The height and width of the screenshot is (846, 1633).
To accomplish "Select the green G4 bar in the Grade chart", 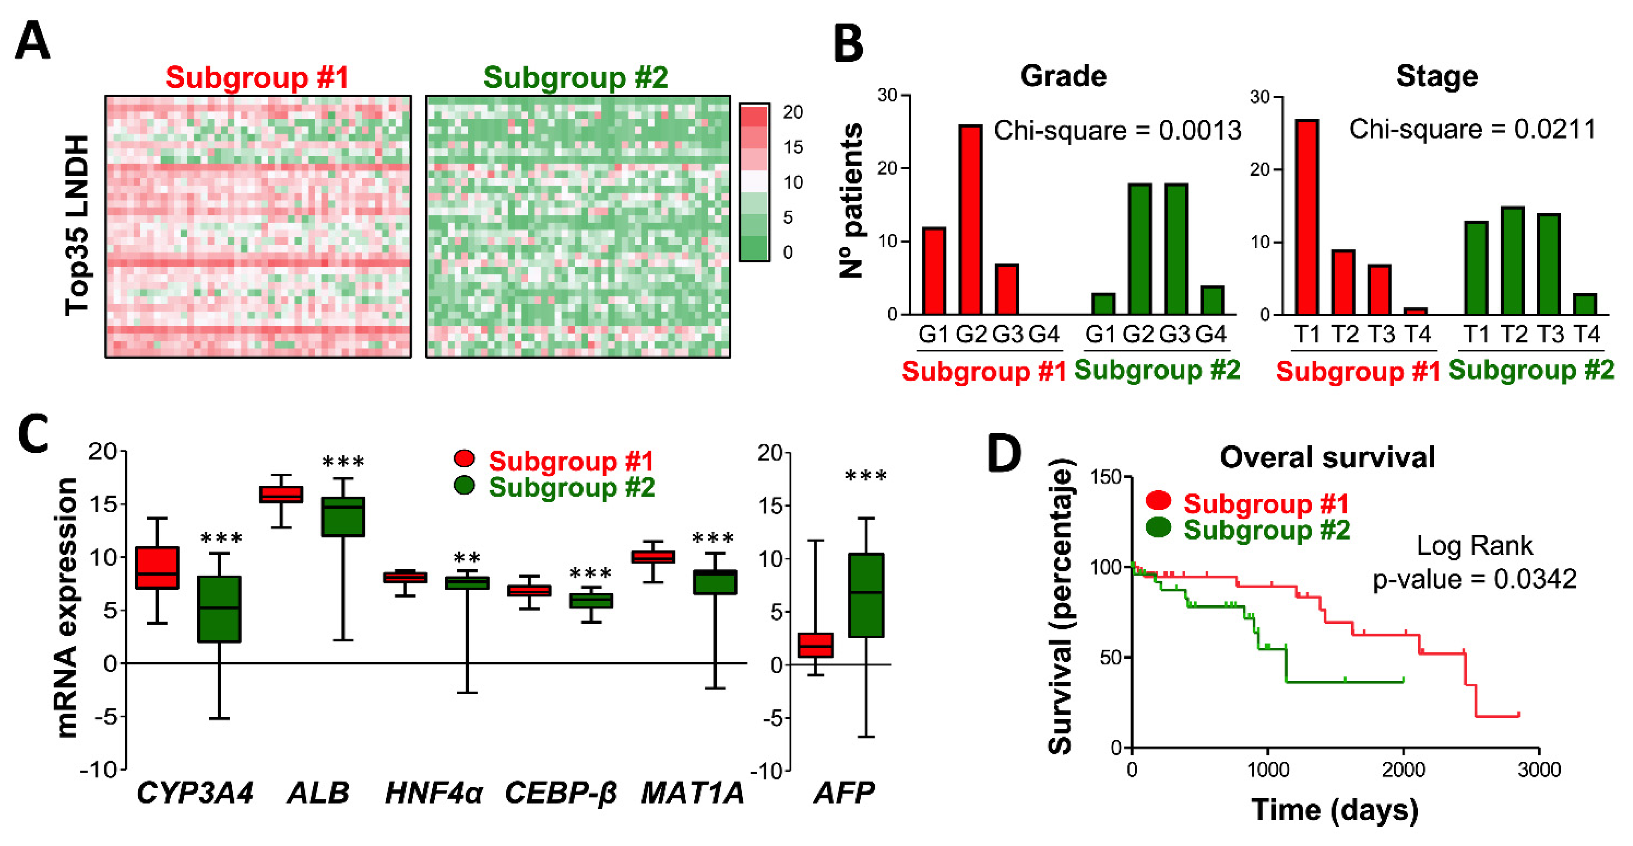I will tap(1212, 300).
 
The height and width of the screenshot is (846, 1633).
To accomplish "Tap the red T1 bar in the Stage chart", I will tap(1307, 217).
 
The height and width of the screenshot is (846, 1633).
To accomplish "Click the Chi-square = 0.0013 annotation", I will tap(1117, 131).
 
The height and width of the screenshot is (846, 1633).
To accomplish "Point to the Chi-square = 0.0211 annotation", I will tap(1472, 130).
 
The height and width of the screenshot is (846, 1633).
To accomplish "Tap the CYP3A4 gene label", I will tap(195, 793).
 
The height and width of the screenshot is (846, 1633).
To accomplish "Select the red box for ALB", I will tap(281, 495).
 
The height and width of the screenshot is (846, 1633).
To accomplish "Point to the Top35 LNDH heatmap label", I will tap(77, 225).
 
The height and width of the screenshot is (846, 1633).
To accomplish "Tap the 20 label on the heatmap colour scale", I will tap(793, 112).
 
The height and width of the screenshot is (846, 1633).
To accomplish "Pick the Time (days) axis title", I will tap(1334, 810).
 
